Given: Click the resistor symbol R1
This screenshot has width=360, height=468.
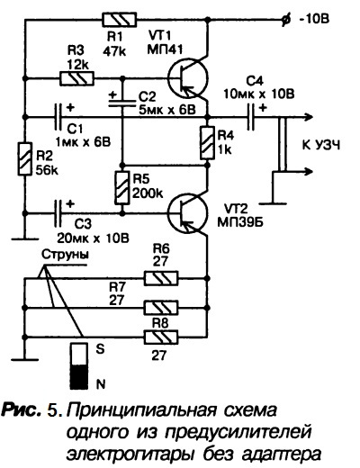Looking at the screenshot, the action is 120,20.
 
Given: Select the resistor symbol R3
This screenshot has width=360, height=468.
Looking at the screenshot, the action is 77,78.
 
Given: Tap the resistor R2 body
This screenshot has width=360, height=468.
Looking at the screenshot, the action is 25,159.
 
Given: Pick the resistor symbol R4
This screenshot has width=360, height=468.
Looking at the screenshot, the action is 207,143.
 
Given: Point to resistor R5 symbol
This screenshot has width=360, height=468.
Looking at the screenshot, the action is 122,188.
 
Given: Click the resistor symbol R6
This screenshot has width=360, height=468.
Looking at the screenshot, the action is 161,278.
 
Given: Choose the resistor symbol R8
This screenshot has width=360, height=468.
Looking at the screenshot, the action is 161,337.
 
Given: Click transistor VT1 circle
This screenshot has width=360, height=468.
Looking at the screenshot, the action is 187,78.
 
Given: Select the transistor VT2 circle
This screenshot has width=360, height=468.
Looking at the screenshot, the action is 187,213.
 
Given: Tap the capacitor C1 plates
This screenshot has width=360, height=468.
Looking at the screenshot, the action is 58,117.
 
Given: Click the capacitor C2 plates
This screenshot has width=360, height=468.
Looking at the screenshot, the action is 122,103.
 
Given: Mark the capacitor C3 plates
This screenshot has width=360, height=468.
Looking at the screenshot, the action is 58,213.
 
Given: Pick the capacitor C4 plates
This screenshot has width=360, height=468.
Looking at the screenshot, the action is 251,117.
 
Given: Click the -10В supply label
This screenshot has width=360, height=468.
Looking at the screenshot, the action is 314,19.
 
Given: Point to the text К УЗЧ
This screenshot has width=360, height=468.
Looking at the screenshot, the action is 321,146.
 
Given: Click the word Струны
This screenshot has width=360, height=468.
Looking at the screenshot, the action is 65,255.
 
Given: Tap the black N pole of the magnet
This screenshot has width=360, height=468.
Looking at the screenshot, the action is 79,377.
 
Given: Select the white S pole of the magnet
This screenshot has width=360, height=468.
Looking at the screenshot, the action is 79,355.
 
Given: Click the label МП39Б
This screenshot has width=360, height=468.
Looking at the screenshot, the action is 240,222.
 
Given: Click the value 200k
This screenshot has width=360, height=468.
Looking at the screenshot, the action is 148,194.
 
